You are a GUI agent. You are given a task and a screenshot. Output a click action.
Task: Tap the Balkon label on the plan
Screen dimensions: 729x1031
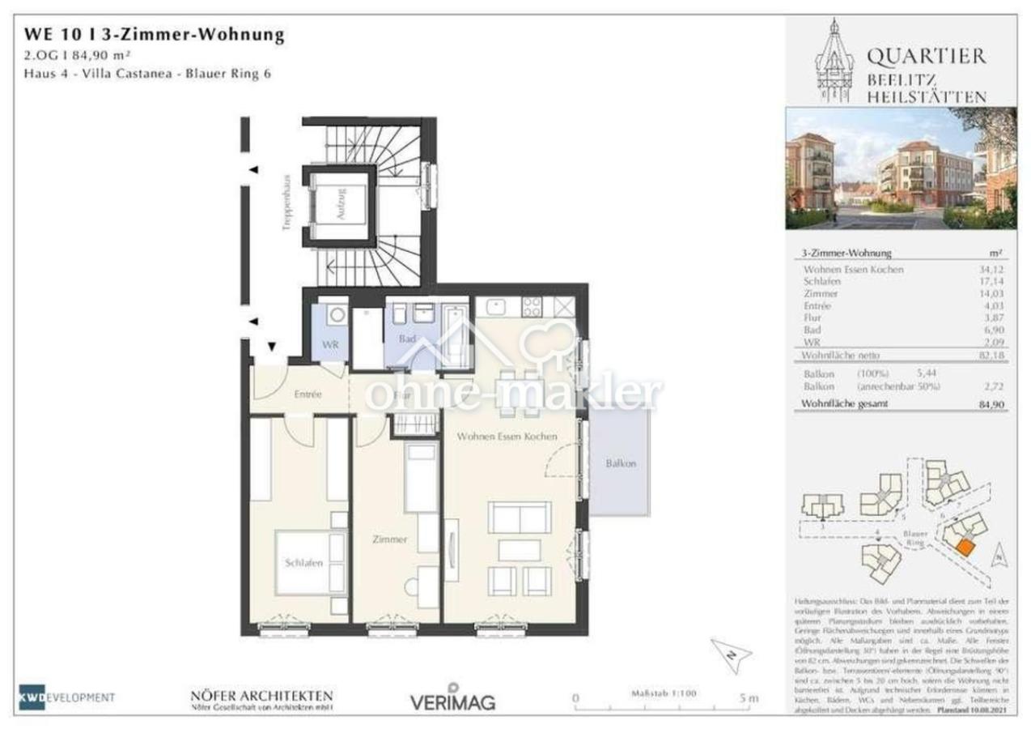point(621,464)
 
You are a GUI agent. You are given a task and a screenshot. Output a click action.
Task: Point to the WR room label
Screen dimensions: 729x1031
point(330,345)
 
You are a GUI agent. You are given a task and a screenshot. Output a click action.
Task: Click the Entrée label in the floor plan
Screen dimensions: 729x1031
point(309,394)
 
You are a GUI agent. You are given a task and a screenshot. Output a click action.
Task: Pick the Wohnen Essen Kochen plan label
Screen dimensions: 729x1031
point(507,436)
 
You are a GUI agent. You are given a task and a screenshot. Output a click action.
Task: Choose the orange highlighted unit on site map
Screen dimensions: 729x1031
point(964,548)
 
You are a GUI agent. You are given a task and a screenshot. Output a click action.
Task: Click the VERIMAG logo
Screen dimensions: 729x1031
point(452,701)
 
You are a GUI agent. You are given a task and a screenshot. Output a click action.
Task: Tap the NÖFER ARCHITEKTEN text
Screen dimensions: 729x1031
point(261,696)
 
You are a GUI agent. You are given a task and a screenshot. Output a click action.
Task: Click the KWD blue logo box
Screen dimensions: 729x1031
point(32,697)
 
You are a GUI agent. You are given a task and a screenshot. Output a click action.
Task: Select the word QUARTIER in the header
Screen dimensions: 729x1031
point(927,56)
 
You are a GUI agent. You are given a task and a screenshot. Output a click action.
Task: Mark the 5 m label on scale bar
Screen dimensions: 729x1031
point(749,697)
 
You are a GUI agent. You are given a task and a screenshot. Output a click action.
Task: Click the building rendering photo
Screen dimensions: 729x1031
point(901,168)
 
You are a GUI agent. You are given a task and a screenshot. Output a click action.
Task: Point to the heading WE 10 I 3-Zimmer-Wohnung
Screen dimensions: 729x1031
point(155,34)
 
